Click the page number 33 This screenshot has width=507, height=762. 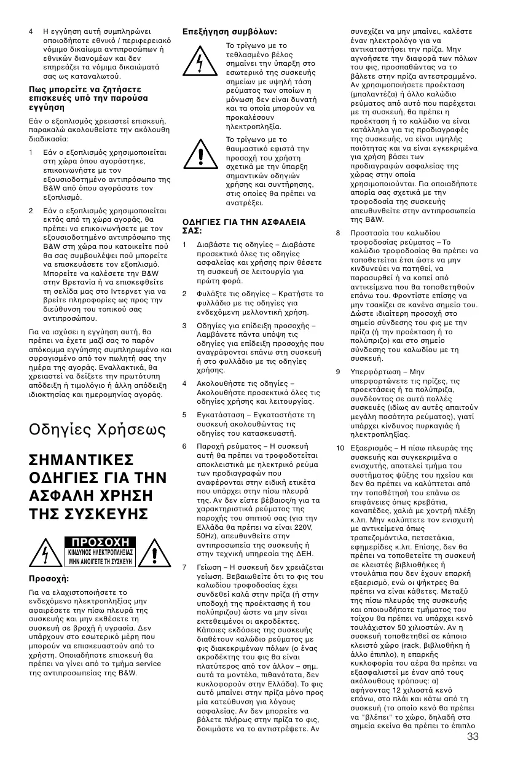[473, 737]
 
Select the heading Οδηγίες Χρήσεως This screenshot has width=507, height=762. [97, 429]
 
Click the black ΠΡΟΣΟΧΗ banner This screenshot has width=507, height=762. [100, 542]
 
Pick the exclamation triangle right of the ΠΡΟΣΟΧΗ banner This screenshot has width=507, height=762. [155, 554]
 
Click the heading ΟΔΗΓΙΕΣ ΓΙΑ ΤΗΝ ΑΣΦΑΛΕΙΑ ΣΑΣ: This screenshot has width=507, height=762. [237, 226]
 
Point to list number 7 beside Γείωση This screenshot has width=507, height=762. [185, 567]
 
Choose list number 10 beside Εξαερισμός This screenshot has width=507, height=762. [339, 447]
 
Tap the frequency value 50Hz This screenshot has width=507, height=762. [207, 535]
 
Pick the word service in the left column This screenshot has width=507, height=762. [149, 664]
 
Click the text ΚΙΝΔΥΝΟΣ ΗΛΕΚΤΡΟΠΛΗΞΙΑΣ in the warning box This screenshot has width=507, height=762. [100, 552]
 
